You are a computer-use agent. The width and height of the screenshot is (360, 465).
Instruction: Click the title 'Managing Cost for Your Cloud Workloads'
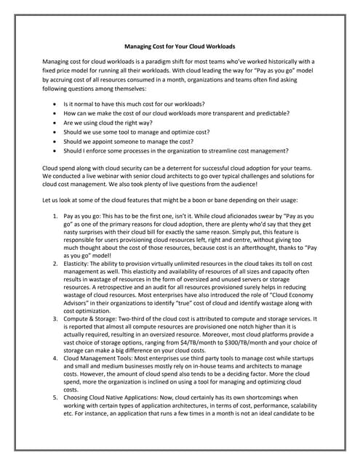pyautogui.click(x=180, y=46)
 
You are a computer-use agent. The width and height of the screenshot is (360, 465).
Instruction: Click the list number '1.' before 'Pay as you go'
pyautogui.click(x=57, y=217)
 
